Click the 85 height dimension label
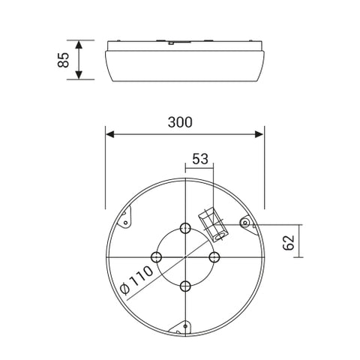(64, 59)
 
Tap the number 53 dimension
(200, 159)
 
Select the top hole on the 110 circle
(184, 228)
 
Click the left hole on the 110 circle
(156, 257)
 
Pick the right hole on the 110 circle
(214, 257)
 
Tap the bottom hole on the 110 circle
(184, 286)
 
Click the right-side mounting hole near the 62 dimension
(244, 222)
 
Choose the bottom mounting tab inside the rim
(181, 326)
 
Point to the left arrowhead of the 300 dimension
(109, 135)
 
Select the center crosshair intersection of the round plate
(184, 257)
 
